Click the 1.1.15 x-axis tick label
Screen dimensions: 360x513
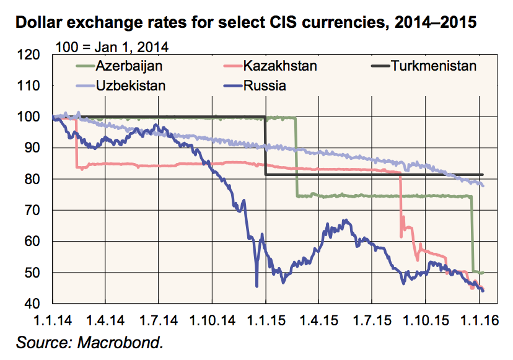click(x=265, y=321)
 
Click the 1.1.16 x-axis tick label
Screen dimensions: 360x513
click(x=480, y=321)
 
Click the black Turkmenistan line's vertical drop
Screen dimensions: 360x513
click(x=266, y=146)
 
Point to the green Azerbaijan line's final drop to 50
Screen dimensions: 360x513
click(x=473, y=235)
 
